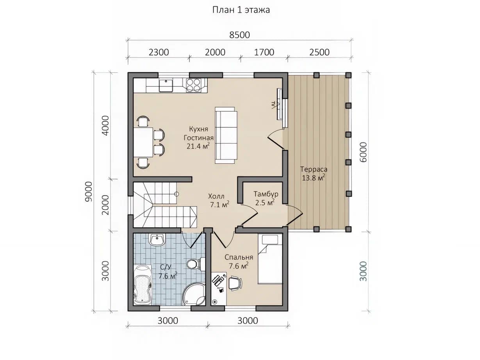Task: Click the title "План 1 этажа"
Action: tap(241, 10)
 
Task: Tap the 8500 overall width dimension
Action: tap(239, 35)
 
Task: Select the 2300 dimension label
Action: tap(159, 52)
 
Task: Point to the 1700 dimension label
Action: tap(264, 52)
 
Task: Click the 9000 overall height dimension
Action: tap(89, 191)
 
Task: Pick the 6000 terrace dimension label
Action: tap(363, 152)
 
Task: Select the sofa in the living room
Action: tap(226, 135)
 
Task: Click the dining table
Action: tap(143, 142)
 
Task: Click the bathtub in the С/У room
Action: tap(143, 285)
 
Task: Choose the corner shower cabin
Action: tap(194, 294)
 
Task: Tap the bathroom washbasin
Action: tap(157, 240)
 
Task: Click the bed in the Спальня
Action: tap(270, 259)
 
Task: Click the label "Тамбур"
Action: tap(266, 194)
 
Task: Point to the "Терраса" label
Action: tap(314, 169)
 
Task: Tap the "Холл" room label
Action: tap(216, 196)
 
